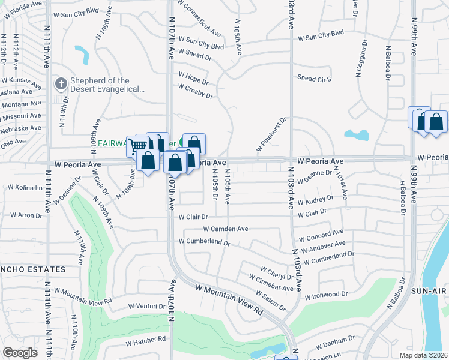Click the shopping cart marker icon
pyautogui.click(x=137, y=145)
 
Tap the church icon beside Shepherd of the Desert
pyautogui.click(x=61, y=85)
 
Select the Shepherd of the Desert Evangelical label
pyautogui.click(x=107, y=85)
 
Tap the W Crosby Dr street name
pyautogui.click(x=196, y=91)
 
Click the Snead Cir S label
pyautogui.click(x=315, y=79)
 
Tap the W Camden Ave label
pyautogui.click(x=226, y=229)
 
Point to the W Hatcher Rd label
pyautogui.click(x=145, y=340)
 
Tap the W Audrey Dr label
pyautogui.click(x=312, y=200)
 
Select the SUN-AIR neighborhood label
pyautogui.click(x=429, y=291)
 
